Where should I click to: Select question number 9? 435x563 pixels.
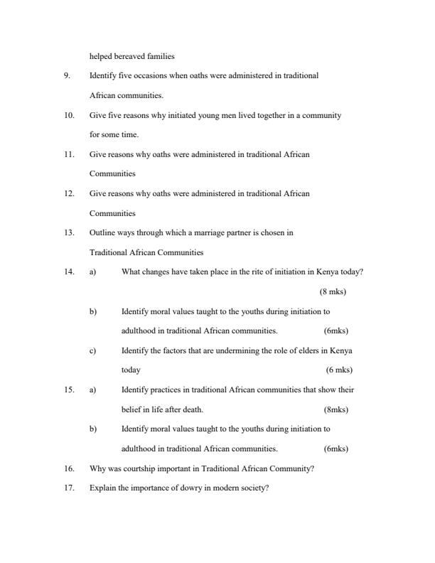66,75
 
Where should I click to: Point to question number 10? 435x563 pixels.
68,115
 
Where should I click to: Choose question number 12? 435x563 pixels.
68,193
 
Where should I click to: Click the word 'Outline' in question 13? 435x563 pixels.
102,232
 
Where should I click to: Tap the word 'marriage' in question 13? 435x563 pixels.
186,232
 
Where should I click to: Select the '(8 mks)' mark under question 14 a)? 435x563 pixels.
333,291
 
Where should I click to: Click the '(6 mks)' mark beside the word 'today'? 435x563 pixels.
339,370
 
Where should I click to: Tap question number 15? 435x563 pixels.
68,390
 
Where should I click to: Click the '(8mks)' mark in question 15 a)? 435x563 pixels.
335,409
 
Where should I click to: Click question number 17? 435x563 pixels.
68,488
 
